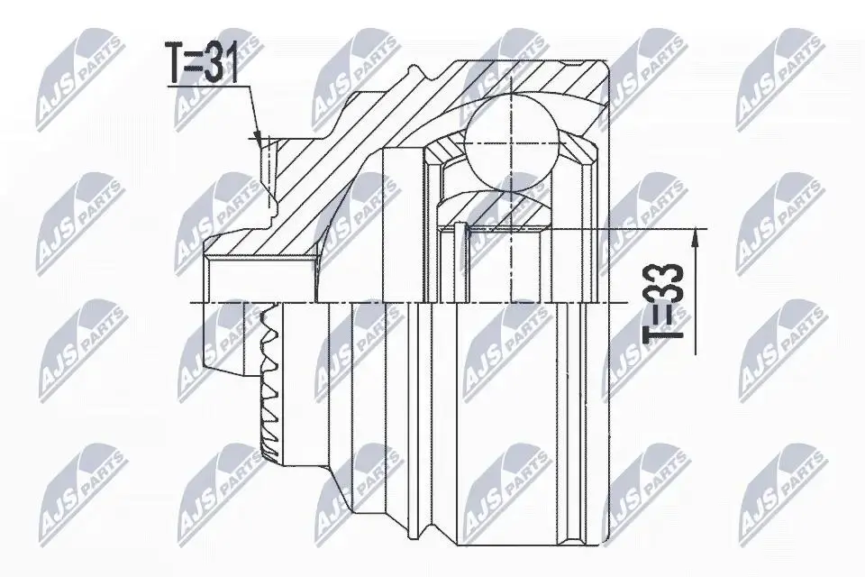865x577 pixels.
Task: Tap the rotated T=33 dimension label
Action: tap(663, 301)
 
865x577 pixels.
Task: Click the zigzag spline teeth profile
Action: tap(271, 380)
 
